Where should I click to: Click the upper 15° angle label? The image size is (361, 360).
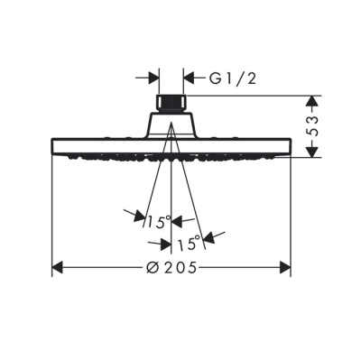click(158, 221)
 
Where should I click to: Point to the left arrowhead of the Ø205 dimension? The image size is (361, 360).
click(57, 267)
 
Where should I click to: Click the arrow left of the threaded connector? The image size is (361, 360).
click(153, 78)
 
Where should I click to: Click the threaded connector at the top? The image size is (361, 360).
click(171, 100)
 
